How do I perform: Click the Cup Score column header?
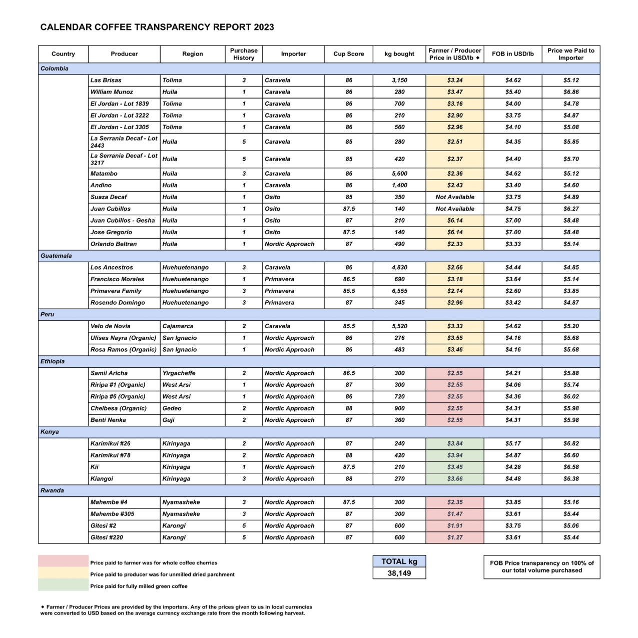click(x=349, y=54)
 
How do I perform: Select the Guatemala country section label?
click(x=56, y=256)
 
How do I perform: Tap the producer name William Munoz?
click(x=112, y=92)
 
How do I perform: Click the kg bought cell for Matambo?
click(x=399, y=174)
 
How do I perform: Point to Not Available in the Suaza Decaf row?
click(x=455, y=197)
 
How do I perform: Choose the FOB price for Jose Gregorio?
click(x=513, y=232)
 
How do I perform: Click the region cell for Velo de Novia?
click(x=178, y=326)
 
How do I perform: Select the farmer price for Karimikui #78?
click(x=455, y=455)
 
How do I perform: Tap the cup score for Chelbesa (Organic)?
click(x=349, y=408)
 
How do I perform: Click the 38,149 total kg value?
click(x=399, y=573)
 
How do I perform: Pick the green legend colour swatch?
click(x=63, y=585)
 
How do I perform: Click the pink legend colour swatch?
click(x=63, y=561)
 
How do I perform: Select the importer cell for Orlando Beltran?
click(x=289, y=244)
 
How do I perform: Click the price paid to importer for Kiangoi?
click(x=571, y=479)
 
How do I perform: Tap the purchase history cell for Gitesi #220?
click(x=244, y=537)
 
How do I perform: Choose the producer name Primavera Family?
click(x=116, y=291)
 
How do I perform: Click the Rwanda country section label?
click(x=52, y=490)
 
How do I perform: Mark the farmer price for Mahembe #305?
click(x=455, y=514)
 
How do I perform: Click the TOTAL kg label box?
click(x=399, y=561)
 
